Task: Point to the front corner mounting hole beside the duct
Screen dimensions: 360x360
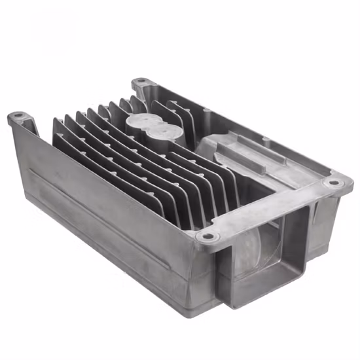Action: [x=207, y=236]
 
